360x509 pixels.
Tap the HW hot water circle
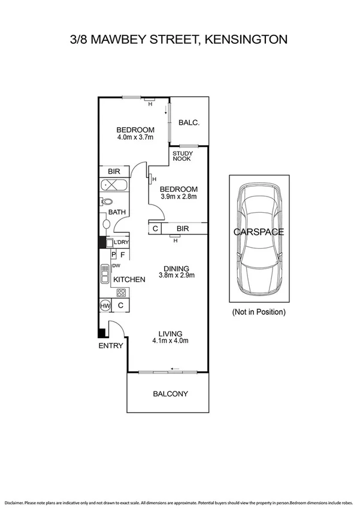pyautogui.click(x=105, y=306)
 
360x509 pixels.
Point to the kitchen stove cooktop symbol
pyautogui.click(x=122, y=293)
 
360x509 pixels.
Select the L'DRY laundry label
pyautogui.click(x=122, y=242)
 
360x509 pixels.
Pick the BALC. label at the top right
pyautogui.click(x=189, y=123)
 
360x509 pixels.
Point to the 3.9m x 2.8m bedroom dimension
pyautogui.click(x=179, y=196)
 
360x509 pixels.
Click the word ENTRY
pyautogui.click(x=111, y=346)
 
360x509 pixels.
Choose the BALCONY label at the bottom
pyautogui.click(x=170, y=394)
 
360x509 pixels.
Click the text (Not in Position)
pyautogui.click(x=259, y=312)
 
